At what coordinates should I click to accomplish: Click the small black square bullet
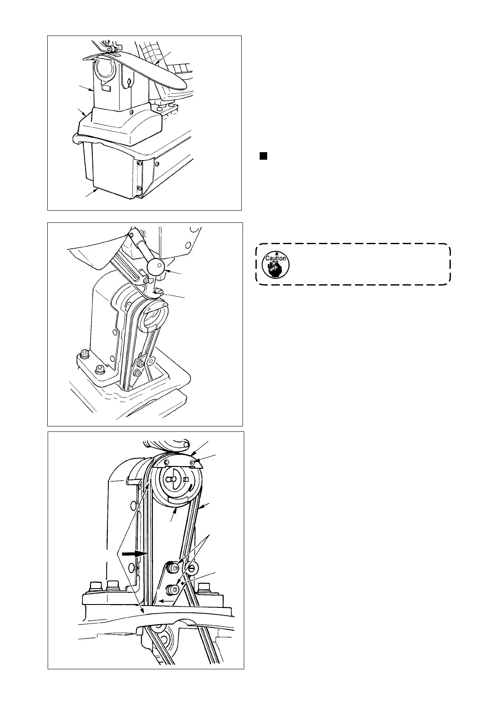click(x=263, y=156)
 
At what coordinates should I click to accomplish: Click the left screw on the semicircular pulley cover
click(x=166, y=462)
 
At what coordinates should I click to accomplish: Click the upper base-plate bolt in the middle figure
click(x=85, y=355)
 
